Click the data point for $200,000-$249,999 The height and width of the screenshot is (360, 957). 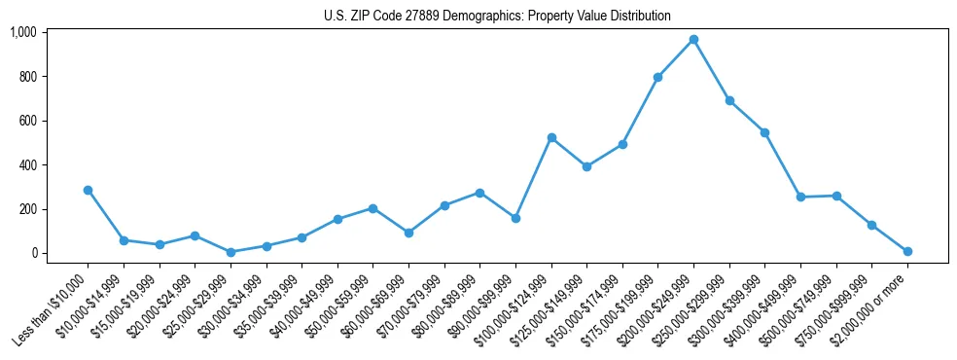(x=693, y=40)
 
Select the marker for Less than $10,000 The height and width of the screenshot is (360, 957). (x=88, y=190)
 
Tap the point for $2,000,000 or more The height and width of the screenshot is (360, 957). (x=907, y=251)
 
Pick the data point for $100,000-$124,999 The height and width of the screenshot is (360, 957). (x=551, y=138)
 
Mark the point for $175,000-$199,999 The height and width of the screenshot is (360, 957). (x=658, y=77)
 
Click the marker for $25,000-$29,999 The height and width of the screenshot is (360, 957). (x=230, y=252)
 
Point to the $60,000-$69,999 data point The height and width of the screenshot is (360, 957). (x=408, y=233)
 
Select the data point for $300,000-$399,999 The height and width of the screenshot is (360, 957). (x=765, y=132)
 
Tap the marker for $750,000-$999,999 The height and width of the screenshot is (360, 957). (x=872, y=225)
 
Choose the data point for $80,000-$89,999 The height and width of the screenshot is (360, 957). (x=479, y=193)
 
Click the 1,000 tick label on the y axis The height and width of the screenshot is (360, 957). (x=22, y=32)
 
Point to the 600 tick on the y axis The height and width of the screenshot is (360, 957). (x=27, y=121)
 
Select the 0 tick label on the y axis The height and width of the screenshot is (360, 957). (x=34, y=253)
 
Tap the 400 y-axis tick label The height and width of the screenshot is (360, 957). (x=27, y=164)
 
